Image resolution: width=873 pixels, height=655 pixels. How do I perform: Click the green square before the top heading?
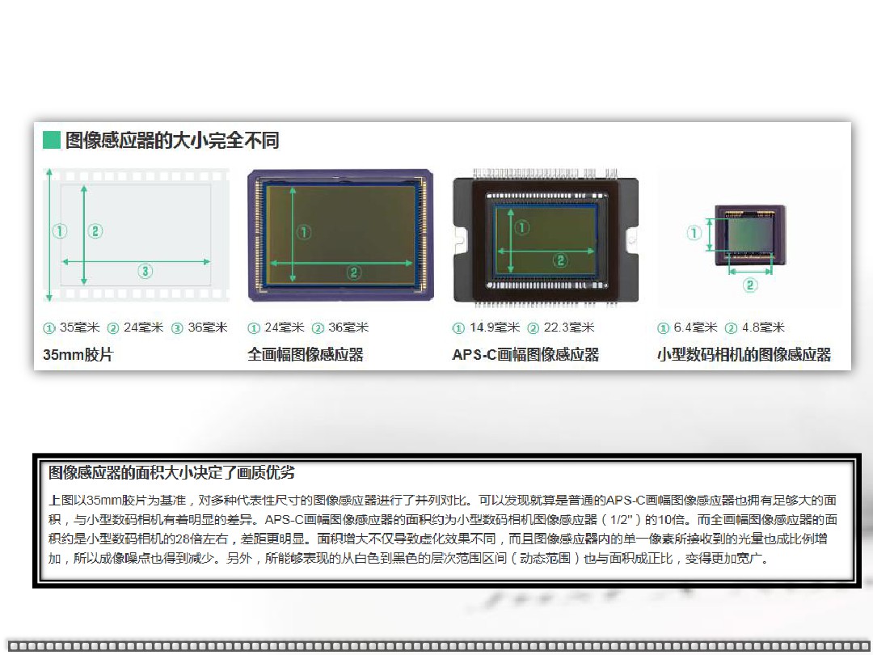pos(51,140)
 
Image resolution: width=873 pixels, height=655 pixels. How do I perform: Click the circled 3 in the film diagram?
pos(145,271)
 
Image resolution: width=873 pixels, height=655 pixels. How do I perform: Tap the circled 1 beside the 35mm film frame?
pos(60,230)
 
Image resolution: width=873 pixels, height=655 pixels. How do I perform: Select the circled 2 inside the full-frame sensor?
pos(353,273)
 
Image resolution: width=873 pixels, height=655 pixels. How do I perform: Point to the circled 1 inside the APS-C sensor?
pos(521,227)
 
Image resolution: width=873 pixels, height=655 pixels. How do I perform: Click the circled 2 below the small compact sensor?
pos(750,285)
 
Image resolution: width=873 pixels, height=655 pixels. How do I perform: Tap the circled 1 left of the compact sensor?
pos(694,232)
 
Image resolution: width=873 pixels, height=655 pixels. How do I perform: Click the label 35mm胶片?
pos(78,354)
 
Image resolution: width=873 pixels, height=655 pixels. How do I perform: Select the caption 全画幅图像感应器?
pos(305,354)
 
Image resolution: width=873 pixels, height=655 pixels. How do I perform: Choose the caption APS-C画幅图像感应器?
pos(525,354)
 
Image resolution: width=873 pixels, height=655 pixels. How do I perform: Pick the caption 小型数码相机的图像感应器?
pos(744,354)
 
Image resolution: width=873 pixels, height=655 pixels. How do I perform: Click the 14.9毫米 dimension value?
pos(495,327)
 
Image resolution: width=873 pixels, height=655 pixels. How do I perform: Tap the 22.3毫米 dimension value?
pos(569,327)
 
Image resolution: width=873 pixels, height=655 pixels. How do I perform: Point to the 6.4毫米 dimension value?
pos(695,327)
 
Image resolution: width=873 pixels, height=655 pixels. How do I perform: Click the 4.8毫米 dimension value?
pos(763,327)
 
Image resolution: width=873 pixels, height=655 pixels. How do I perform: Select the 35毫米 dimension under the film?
pos(79,327)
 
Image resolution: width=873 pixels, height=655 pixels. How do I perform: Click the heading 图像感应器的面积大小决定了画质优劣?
pos(171,473)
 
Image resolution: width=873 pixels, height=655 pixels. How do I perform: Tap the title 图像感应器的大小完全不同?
pos(172,140)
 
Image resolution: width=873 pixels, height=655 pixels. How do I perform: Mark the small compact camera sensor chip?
pos(750,235)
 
